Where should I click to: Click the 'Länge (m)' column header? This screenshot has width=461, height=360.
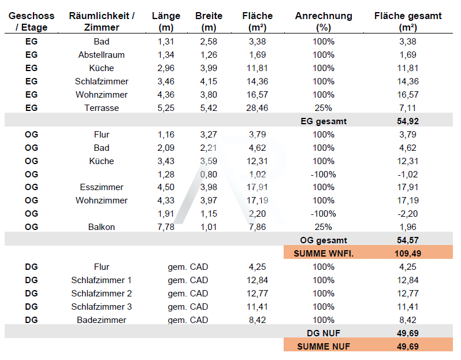[x=165, y=21]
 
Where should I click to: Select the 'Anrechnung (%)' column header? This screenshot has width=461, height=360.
[x=324, y=21]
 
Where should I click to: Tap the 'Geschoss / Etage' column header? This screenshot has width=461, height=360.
[x=31, y=21]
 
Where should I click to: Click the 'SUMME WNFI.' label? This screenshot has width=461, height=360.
[x=324, y=253]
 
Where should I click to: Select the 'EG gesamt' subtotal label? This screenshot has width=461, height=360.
[x=324, y=121]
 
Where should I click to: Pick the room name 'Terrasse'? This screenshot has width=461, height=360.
[x=101, y=108]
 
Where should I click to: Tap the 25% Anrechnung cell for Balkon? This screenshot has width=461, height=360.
[x=324, y=227]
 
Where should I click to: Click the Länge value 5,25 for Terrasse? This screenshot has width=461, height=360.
[x=165, y=108]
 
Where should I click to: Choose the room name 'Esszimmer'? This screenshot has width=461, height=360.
[x=101, y=187]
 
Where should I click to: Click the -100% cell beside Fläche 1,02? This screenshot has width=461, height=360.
[x=324, y=174]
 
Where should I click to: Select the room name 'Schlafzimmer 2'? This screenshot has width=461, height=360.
[x=101, y=294]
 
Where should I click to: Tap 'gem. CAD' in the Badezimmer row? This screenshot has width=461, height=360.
[x=188, y=320]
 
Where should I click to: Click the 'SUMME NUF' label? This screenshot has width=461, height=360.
[x=324, y=347]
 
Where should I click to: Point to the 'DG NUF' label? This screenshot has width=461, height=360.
[x=324, y=333]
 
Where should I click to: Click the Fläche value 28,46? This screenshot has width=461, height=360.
[x=254, y=108]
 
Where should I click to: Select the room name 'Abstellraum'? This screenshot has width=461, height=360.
[x=101, y=55]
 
